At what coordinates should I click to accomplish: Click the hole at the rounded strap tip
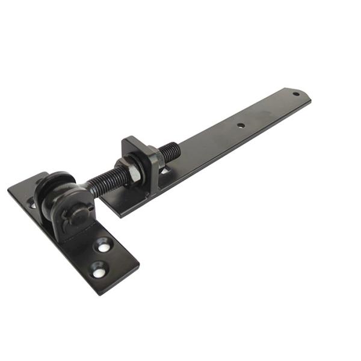pos(295,94)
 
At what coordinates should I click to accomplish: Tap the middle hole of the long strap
pos(240,126)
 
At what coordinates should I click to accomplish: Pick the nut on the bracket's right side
pos(153,160)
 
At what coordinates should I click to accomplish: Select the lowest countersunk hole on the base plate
pos(98,271)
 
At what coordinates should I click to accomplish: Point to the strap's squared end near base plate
pos(111,208)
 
